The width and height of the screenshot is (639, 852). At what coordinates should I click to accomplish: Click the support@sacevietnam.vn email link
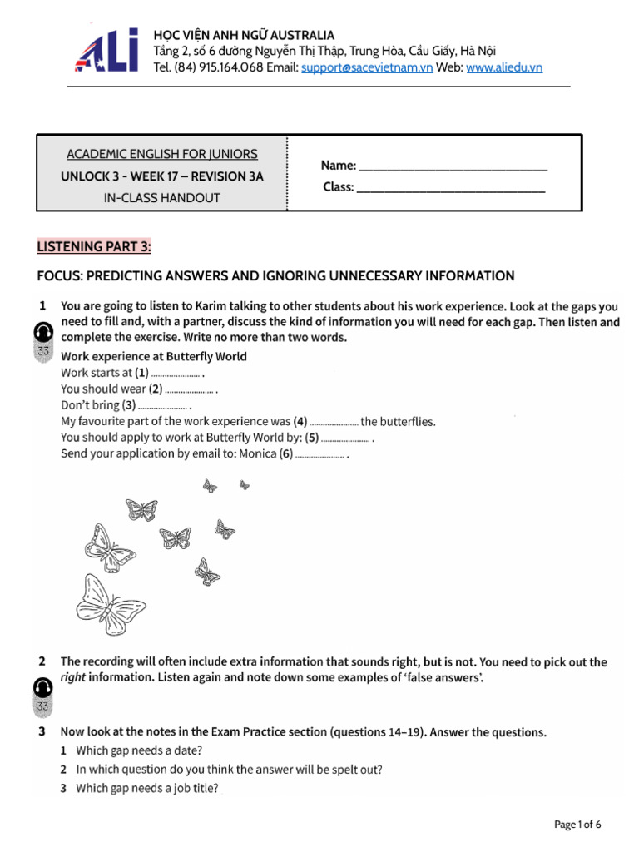pos(367,67)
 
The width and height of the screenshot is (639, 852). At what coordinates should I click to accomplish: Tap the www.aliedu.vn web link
pos(504,67)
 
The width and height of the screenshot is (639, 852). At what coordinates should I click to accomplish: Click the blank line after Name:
pos(453,166)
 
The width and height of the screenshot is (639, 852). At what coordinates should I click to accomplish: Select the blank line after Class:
pos(450,188)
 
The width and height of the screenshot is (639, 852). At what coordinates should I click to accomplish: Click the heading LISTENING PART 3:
pos(95,246)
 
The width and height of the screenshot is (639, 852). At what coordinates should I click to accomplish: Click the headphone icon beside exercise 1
pos(43,334)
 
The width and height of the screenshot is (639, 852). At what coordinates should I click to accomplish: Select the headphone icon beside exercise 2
pos(43,689)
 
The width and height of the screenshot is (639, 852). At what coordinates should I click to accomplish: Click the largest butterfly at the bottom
pos(108,604)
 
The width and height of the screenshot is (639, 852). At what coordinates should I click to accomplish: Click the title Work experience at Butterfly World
pos(154,356)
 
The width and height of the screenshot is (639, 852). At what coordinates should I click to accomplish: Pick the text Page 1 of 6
pos(577,825)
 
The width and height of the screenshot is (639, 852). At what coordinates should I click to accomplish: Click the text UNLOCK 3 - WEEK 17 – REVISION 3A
pos(162,176)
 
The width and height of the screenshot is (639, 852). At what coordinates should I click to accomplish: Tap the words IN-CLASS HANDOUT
pos(162,198)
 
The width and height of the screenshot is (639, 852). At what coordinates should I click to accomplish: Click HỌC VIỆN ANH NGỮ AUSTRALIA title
pos(245,35)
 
